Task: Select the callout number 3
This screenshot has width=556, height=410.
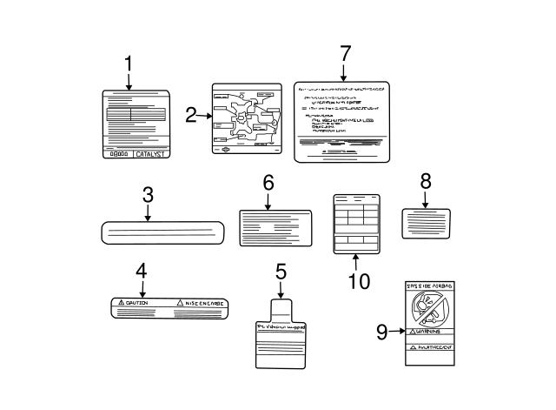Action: tap(148, 196)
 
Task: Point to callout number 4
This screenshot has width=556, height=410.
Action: tap(142, 272)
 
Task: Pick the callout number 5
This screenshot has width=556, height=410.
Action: tap(281, 272)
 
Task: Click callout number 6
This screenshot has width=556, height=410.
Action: tap(268, 184)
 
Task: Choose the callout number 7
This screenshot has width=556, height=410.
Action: tap(345, 54)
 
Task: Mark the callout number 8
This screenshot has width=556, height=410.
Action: tap(426, 181)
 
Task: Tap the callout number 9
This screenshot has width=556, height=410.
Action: tap(382, 332)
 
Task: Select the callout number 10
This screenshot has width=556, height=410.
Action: tap(358, 280)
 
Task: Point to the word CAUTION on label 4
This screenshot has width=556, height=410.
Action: tap(139, 304)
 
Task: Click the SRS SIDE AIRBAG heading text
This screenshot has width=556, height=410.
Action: tap(430, 285)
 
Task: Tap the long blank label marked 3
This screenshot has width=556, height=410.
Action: tap(163, 232)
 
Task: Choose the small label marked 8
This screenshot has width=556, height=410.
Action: tap(426, 222)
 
